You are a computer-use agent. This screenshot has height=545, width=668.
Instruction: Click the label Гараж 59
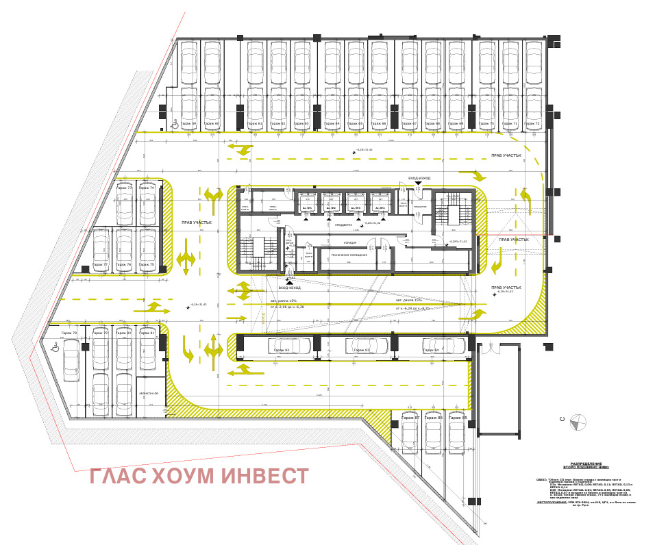tap(188, 124)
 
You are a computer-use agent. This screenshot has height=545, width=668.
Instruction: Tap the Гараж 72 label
tap(532, 124)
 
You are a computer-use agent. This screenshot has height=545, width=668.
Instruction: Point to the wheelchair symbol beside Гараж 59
tap(175, 124)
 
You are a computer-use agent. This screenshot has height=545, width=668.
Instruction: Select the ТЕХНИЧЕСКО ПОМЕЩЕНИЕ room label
tap(349, 255)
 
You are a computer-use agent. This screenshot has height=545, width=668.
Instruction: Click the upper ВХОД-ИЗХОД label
tap(419, 178)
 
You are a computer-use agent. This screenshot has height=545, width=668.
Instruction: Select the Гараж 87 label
tap(410, 417)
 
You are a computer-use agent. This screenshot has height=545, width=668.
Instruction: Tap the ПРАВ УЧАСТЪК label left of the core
tap(197, 223)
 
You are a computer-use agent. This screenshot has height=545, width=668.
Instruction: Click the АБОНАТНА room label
tap(149, 394)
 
